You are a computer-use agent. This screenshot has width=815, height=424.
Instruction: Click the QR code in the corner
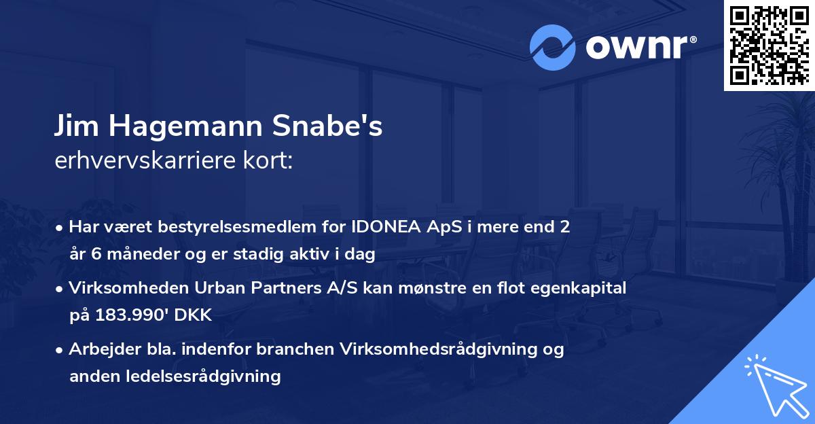coord(769,45)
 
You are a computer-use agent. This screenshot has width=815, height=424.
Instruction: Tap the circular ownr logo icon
coord(553,48)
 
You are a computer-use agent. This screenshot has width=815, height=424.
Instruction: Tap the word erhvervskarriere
coord(144,162)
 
